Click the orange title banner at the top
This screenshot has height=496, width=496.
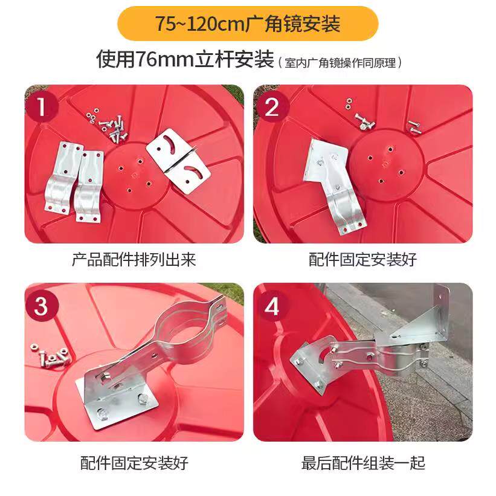[248, 24]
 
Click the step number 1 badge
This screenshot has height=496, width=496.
[42, 107]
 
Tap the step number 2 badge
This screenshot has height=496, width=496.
[272, 107]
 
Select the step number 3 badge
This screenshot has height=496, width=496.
[42, 306]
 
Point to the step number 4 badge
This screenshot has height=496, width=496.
[272, 306]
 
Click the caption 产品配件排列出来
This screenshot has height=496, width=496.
[134, 259]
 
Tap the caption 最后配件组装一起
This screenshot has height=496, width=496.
[363, 463]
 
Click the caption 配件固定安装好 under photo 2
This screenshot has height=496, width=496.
[363, 259]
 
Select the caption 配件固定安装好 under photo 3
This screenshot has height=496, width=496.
[134, 463]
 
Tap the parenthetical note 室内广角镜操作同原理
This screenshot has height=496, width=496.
[340, 63]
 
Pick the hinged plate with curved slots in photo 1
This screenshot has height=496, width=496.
[178, 161]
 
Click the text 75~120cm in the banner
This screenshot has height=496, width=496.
[200, 24]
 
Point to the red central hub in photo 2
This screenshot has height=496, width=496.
[386, 165]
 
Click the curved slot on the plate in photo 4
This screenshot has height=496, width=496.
[325, 353]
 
